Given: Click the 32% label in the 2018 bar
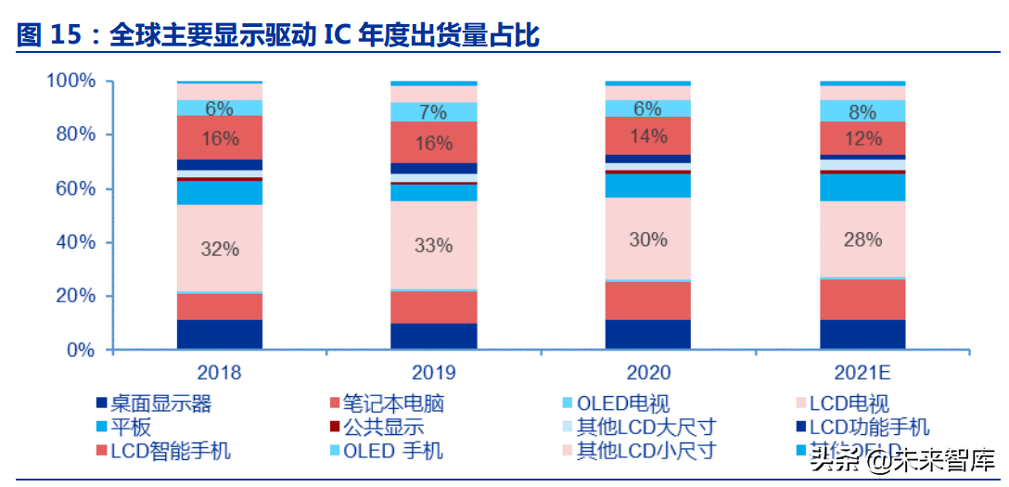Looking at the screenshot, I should tap(220, 249).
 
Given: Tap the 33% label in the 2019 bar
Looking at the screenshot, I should tap(433, 246).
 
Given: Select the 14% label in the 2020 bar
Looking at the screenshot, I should tap(647, 136).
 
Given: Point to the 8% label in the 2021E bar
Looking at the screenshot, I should tap(862, 112).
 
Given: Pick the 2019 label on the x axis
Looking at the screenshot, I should tap(433, 373).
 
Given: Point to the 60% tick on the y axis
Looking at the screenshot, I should tap(74, 188).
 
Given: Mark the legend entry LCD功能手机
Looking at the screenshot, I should tap(868, 428).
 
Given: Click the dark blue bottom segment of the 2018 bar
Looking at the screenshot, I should tap(220, 335).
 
